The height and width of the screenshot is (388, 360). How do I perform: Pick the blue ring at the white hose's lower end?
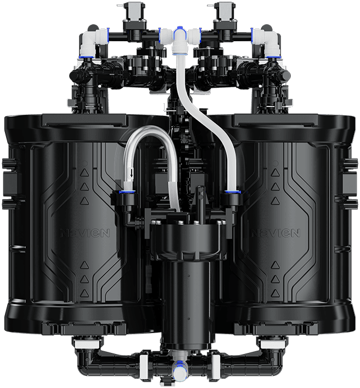pyautogui.click(x=233, y=191)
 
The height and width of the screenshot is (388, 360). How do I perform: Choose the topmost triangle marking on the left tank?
pyautogui.click(x=85, y=172)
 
